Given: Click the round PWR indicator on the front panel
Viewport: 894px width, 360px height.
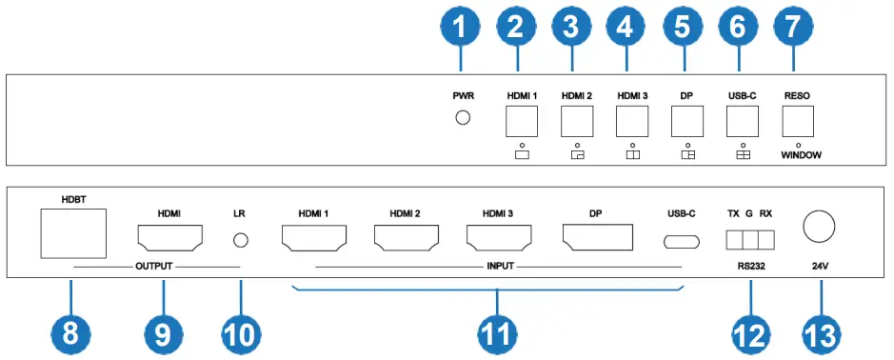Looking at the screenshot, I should click(464, 118).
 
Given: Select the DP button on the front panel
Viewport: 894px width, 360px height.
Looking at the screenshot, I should click(686, 121).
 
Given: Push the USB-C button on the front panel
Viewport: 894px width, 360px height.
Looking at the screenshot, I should click(742, 121).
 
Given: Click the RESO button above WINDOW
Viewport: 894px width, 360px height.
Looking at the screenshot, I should click(797, 121).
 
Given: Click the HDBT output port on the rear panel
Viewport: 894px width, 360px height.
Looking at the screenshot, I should click(72, 233).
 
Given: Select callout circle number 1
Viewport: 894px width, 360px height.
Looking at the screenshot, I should click(463, 30).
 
